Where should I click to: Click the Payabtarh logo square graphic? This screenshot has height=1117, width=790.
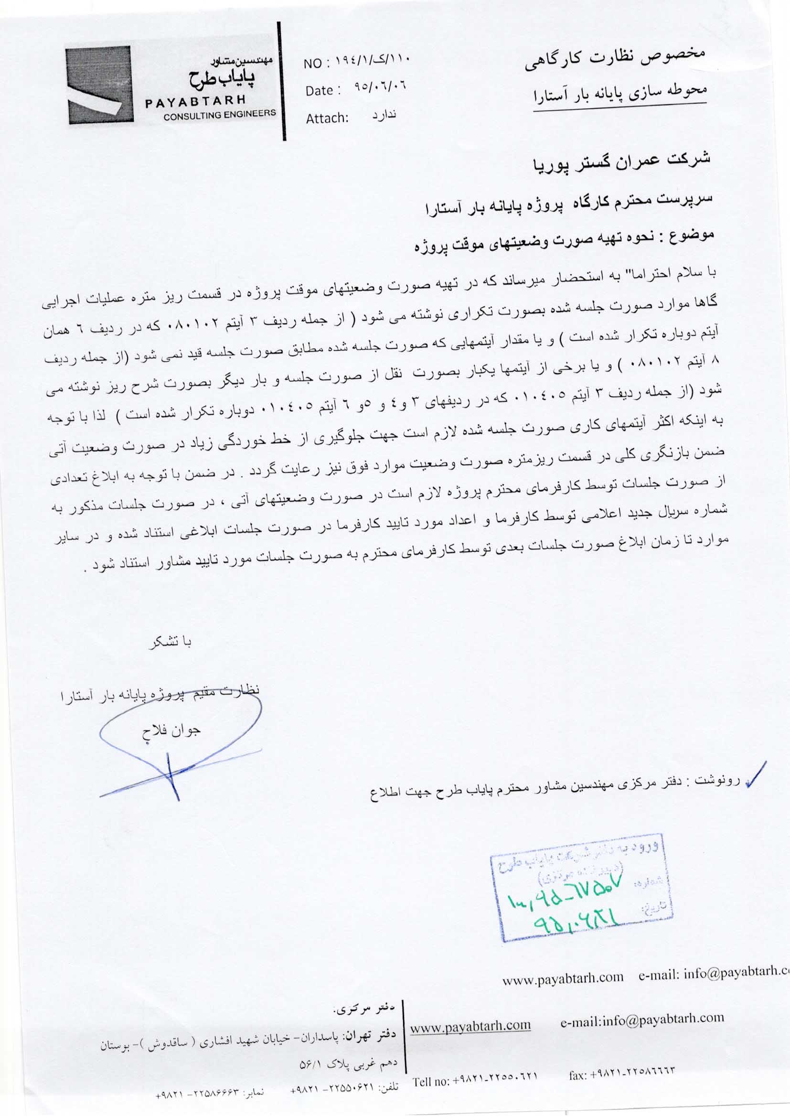point(99,83)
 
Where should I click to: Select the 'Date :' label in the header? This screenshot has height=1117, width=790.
point(320,91)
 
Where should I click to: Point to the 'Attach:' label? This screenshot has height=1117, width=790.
point(327,118)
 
